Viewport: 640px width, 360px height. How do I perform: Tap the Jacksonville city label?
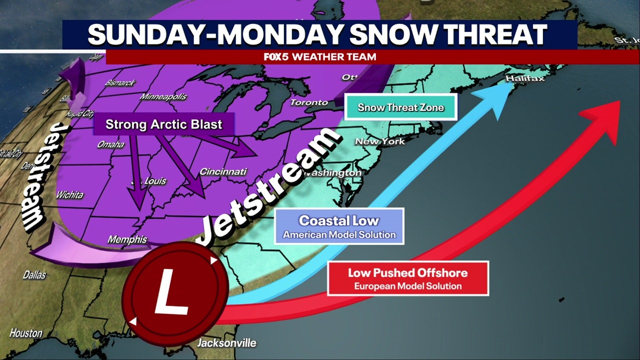pyautogui.click(x=226, y=343)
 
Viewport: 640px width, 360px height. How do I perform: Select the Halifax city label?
pyautogui.click(x=524, y=78)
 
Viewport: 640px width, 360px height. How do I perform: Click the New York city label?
pyautogui.click(x=379, y=141)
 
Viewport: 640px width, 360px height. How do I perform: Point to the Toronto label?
pyautogui.click(x=309, y=102)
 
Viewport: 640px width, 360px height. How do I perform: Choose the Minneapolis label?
pyautogui.click(x=163, y=96)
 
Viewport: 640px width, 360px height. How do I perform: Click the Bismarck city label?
pyautogui.click(x=119, y=82)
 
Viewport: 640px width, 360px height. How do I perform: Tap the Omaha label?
pyautogui.click(x=110, y=144)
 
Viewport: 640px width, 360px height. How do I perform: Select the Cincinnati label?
pyautogui.click(x=223, y=171)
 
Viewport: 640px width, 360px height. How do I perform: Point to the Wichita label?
pyautogui.click(x=69, y=194)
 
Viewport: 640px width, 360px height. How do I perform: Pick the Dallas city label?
pyautogui.click(x=34, y=274)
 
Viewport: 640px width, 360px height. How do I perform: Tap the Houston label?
pyautogui.click(x=26, y=333)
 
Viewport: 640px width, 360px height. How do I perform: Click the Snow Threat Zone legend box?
pyautogui.click(x=400, y=107)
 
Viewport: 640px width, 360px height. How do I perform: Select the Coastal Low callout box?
pyautogui.click(x=339, y=226)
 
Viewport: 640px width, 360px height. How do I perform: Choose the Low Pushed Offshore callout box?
pyautogui.click(x=407, y=278)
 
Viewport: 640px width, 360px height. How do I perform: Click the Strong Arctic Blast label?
pyautogui.click(x=163, y=123)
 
